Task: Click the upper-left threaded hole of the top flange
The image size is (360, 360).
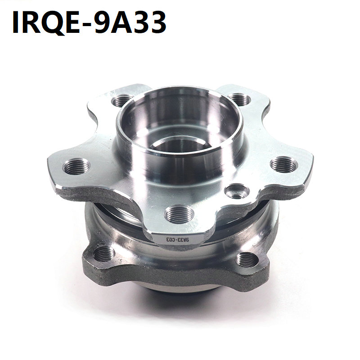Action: pyautogui.click(x=122, y=100)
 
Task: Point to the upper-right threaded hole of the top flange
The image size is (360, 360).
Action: pyautogui.click(x=239, y=99)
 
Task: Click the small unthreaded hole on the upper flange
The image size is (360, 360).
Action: pyautogui.click(x=237, y=191)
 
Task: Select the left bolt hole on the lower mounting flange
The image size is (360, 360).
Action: pyautogui.click(x=104, y=254)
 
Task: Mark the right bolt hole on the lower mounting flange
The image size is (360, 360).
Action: pyautogui.click(x=247, y=260)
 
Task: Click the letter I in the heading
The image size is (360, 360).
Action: pyautogui.click(x=17, y=22)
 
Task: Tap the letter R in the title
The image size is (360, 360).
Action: pyautogui.click(x=34, y=22)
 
